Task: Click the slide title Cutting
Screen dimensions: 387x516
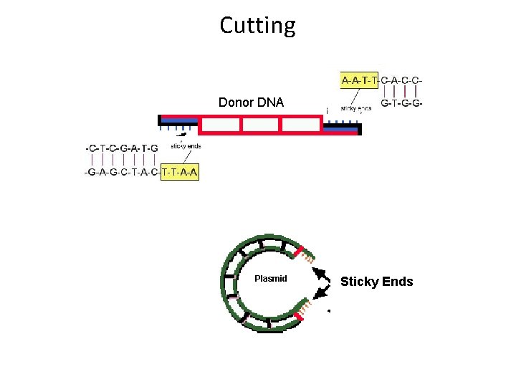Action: click(257, 26)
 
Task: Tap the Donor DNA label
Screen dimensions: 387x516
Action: click(251, 102)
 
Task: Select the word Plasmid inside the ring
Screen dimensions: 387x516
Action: click(271, 278)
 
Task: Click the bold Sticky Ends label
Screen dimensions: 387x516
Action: click(376, 282)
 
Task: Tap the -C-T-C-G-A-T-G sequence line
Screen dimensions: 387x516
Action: click(122, 148)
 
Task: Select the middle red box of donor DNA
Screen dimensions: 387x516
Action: click(261, 125)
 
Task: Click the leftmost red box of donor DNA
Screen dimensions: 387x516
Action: click(219, 125)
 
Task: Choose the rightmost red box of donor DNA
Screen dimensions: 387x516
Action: click(302, 125)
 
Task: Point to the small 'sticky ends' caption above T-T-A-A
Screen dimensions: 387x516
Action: click(186, 146)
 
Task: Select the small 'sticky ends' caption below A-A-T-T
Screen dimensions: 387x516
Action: click(355, 108)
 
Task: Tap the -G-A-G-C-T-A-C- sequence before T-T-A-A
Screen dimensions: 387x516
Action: click(123, 173)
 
